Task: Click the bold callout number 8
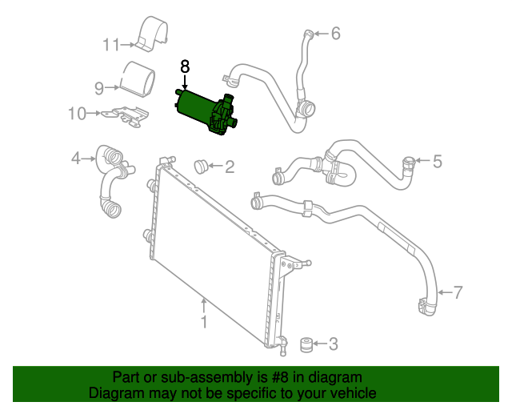(x=185, y=66)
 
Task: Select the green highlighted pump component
(x=206, y=112)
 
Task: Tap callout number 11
(x=111, y=45)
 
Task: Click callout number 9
(x=99, y=88)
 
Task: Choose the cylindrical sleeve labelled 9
(x=138, y=79)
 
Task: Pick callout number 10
(x=77, y=114)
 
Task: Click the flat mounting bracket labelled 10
(x=126, y=116)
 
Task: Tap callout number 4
(x=76, y=159)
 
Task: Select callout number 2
(x=230, y=167)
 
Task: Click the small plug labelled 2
(x=202, y=167)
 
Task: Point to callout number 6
(x=336, y=34)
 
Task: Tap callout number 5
(x=438, y=162)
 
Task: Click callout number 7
(x=458, y=292)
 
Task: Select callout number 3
(x=333, y=344)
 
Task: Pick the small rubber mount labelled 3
(x=306, y=345)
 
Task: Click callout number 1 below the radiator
(x=204, y=322)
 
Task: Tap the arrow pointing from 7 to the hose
(x=445, y=292)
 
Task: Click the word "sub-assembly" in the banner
(x=206, y=378)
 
